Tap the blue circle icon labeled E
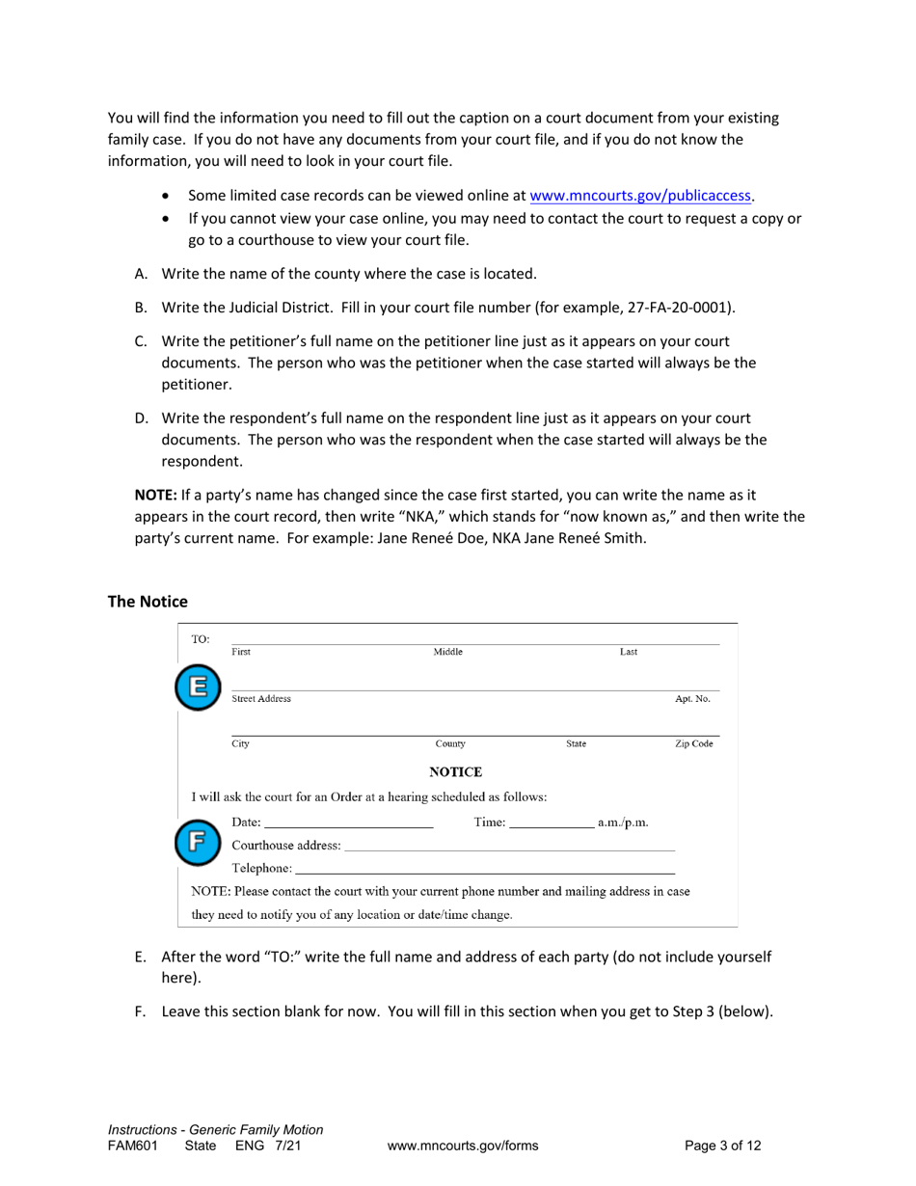click(x=197, y=687)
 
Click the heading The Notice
click(x=148, y=601)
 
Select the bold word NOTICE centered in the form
click(x=455, y=771)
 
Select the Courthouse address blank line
click(x=509, y=846)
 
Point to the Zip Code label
click(x=694, y=744)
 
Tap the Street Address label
click(x=261, y=698)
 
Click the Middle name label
click(x=448, y=652)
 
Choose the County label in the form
click(x=450, y=744)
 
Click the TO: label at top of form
click(x=201, y=638)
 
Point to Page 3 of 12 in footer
click(x=722, y=1146)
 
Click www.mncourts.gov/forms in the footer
click(x=463, y=1146)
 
